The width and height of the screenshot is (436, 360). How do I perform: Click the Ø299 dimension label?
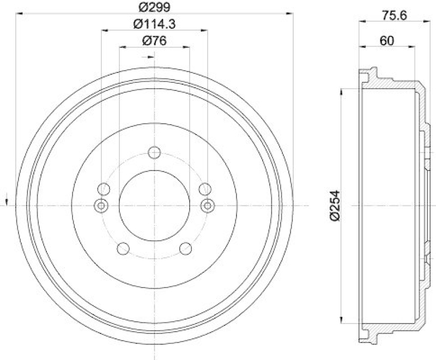[x=154, y=7]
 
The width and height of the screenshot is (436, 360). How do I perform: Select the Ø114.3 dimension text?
[x=154, y=23]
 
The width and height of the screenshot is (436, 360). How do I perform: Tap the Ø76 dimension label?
[x=154, y=40]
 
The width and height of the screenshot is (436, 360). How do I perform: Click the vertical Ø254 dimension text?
[x=335, y=205]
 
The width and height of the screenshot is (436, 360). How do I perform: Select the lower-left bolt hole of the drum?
[x=124, y=248]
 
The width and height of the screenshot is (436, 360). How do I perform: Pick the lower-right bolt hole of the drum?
[x=185, y=248]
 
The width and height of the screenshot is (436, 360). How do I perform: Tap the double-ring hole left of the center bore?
[x=101, y=205]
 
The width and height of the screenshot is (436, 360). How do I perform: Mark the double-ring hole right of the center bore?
[x=207, y=205]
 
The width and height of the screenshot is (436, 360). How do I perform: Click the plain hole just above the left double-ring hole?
[x=104, y=190]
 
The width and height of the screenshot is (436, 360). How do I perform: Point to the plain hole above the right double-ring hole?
[x=204, y=190]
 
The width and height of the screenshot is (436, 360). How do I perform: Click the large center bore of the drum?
[x=154, y=205]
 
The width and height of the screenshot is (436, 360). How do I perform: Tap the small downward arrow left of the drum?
[x=6, y=199]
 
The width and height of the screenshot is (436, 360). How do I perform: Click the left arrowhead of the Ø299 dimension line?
[x=19, y=14]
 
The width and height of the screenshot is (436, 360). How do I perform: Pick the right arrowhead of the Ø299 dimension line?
[x=290, y=14]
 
